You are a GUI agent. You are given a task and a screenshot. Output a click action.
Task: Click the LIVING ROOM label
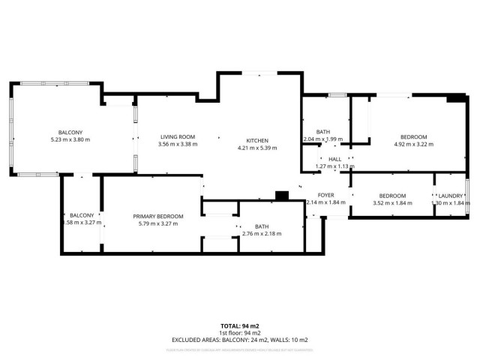click(178, 136)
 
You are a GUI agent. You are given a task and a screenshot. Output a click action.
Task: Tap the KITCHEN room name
click(257, 140)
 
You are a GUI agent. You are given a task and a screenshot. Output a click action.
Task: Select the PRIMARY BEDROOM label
click(158, 217)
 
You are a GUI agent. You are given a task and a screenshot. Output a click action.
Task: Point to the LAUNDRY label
click(451, 196)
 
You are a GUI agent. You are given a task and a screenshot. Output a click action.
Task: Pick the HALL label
click(334, 159)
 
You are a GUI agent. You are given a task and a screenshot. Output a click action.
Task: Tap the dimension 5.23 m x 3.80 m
click(70, 140)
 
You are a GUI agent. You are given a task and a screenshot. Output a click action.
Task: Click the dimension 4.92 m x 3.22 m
click(413, 144)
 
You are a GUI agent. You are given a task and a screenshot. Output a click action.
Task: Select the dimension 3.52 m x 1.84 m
click(392, 203)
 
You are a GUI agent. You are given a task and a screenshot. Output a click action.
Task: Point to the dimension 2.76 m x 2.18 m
click(262, 234)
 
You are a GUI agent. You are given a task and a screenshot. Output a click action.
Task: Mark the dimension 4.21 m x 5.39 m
click(257, 148)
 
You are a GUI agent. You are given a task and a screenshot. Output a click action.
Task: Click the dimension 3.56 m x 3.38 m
click(178, 144)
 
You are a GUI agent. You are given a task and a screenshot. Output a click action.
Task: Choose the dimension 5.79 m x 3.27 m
click(158, 223)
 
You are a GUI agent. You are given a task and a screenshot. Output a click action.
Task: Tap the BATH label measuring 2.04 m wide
click(322, 132)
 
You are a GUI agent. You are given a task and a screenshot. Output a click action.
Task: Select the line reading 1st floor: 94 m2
click(240, 332)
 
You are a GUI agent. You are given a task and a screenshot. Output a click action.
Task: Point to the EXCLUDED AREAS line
click(240, 340)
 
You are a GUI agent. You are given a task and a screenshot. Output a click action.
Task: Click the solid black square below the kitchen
click(282, 196)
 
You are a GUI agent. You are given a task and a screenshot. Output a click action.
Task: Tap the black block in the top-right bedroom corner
click(454, 97)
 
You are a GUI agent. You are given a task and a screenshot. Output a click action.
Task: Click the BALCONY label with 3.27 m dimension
click(77, 215)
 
